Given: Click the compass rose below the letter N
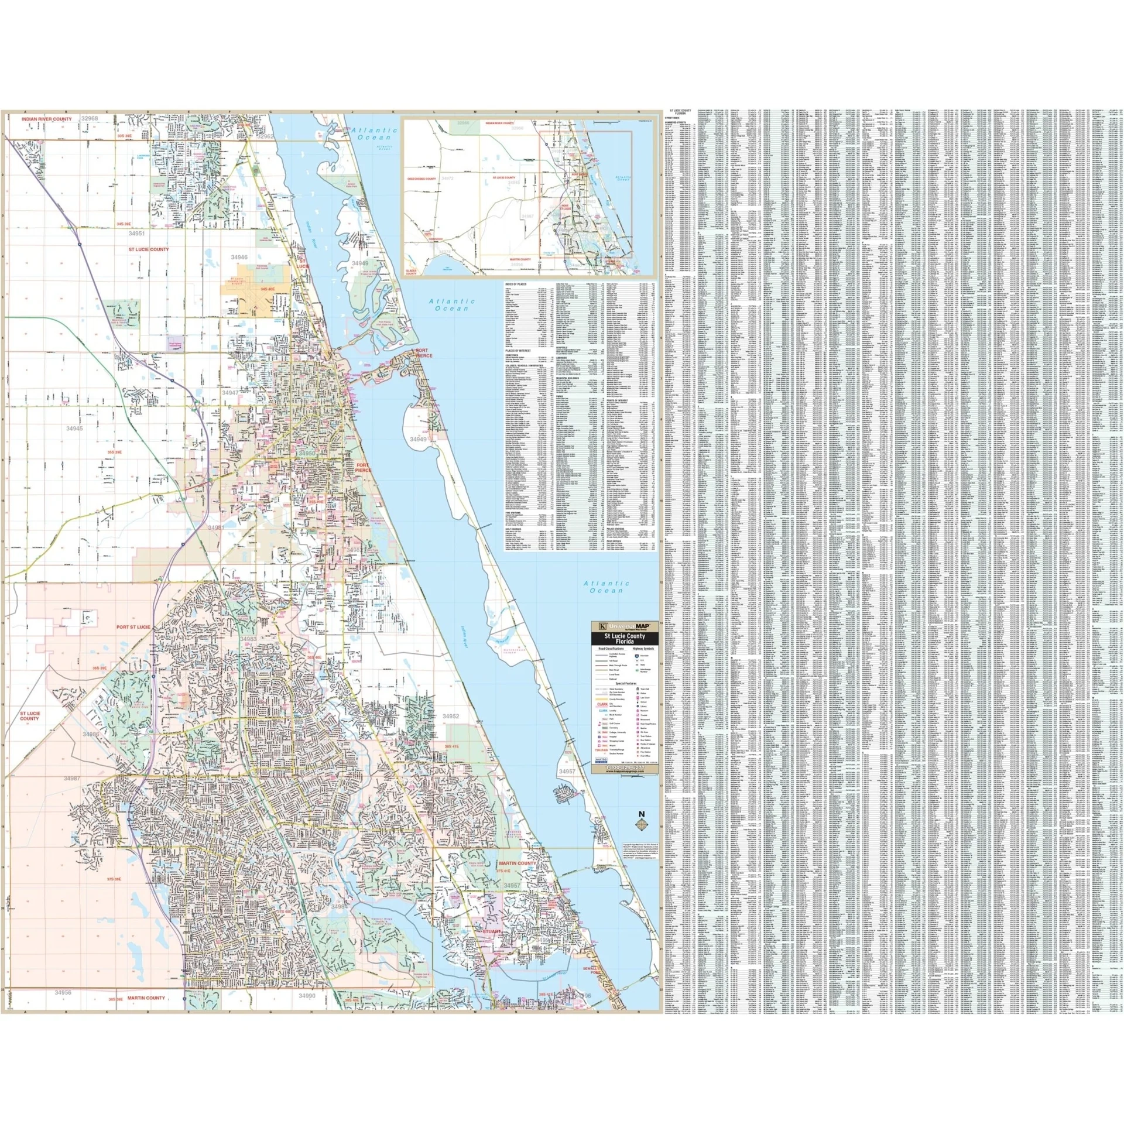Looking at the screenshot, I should point(642,824).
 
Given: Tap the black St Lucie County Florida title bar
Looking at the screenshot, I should point(625,639).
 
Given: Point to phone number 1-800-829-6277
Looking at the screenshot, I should point(625,767).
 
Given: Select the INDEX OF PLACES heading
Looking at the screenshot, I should point(516,285).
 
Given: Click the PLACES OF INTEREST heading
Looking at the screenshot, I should point(518,351).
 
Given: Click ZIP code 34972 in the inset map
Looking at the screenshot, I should point(447,178).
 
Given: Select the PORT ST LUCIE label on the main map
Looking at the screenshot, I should point(133,627).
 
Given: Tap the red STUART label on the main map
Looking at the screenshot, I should point(492,931).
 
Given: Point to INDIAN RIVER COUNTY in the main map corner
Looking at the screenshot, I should point(47,119).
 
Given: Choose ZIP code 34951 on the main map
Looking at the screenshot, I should point(136,233).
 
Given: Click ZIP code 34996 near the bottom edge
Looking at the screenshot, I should point(584,995).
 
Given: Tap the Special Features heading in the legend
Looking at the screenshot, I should point(625,683).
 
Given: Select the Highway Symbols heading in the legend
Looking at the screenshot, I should point(644,649).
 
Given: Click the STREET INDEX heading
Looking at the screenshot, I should point(672,117).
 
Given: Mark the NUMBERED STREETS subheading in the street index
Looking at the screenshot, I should point(674,122).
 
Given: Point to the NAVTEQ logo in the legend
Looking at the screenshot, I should point(601,759).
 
